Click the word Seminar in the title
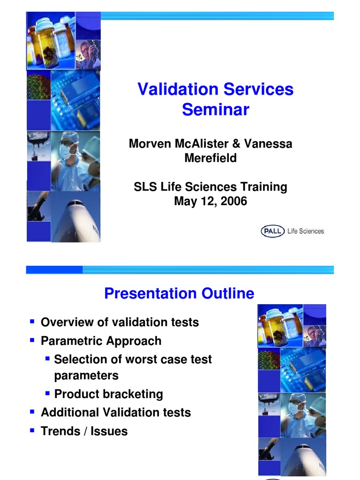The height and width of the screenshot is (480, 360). pyautogui.click(x=215, y=110)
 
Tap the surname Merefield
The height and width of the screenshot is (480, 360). pyautogui.click(x=210, y=158)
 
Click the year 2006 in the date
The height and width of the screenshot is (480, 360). pyautogui.click(x=232, y=202)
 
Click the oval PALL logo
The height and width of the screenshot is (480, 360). pyautogui.click(x=272, y=231)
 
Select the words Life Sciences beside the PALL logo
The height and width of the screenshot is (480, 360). pyautogui.click(x=305, y=231)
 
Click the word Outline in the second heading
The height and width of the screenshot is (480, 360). pyautogui.click(x=228, y=294)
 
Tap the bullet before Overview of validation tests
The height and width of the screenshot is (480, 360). pyautogui.click(x=32, y=322)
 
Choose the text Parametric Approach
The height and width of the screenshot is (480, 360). pyautogui.click(x=101, y=341)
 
